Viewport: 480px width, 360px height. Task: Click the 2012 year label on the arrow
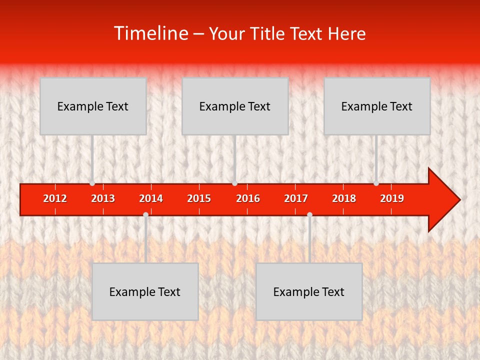pos(55,198)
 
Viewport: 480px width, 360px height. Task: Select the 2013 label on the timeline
pos(103,198)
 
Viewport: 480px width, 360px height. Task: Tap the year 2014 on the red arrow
pos(151,198)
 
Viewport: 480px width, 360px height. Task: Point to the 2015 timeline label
pos(199,198)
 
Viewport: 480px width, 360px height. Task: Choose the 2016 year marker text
pos(248,198)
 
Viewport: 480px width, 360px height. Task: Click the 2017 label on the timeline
pos(296,198)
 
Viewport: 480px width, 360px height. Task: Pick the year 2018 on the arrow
pos(344,198)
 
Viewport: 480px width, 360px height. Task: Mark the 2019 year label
pos(392,198)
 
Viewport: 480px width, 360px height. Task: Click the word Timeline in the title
pos(150,33)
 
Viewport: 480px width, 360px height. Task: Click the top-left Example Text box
pos(93,106)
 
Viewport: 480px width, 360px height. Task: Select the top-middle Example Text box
pos(235,106)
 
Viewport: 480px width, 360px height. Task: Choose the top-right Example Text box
pos(377,106)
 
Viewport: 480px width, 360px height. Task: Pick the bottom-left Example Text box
pos(145,291)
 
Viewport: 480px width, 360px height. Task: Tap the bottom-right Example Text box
pos(309,291)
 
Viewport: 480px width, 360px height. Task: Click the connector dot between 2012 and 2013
pos(92,183)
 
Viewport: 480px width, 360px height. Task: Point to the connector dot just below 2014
pos(145,214)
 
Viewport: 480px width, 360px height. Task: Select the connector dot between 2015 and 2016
pos(234,183)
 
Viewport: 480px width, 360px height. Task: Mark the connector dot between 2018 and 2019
pos(376,183)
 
